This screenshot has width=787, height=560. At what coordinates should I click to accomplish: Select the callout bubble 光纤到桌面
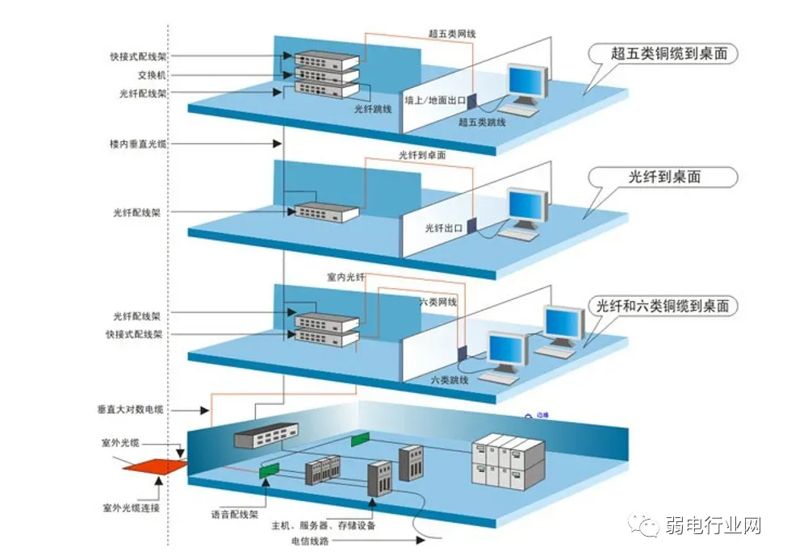click(x=664, y=178)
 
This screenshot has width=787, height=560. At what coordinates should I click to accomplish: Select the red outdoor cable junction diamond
click(x=152, y=466)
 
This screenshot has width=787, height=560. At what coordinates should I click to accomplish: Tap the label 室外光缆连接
click(x=132, y=508)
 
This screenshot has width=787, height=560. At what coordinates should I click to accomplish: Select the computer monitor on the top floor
click(x=527, y=82)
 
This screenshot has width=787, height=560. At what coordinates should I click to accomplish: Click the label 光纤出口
click(x=444, y=228)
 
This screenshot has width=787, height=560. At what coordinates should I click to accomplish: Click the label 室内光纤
click(x=345, y=277)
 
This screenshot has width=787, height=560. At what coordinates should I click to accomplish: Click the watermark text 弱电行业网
click(x=714, y=526)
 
